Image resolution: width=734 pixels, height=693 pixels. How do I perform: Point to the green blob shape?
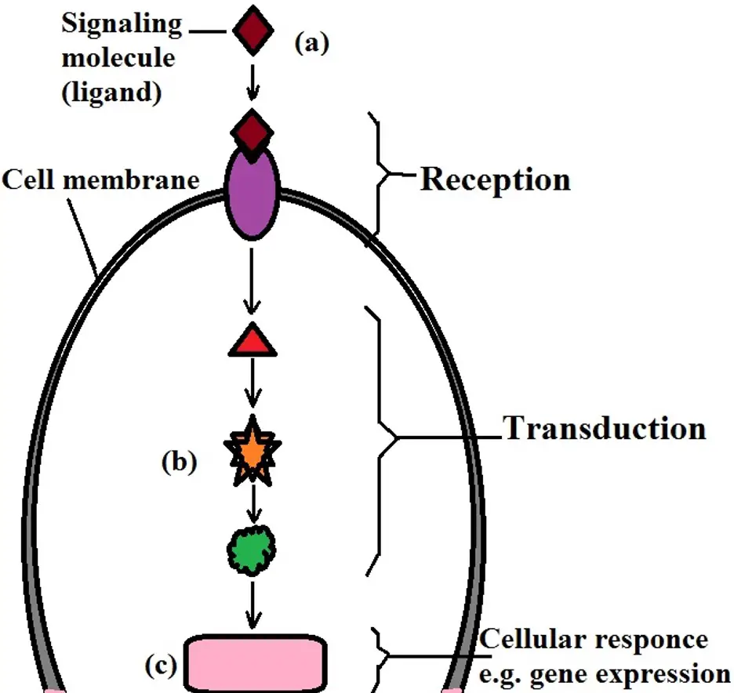(251, 542)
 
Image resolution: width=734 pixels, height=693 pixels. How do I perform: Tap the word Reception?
(496, 180)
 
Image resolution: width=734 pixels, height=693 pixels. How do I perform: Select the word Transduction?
(604, 429)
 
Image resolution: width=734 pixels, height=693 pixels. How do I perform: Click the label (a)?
(311, 43)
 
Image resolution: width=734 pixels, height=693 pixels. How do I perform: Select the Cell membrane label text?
(100, 180)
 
